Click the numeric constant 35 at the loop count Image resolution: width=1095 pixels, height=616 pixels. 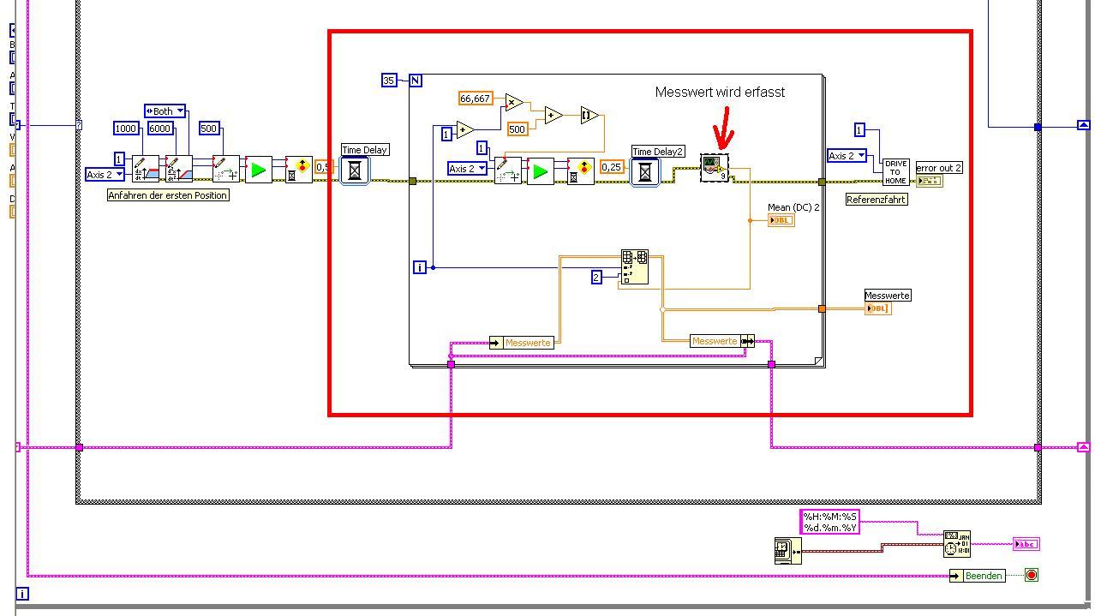[x=389, y=81]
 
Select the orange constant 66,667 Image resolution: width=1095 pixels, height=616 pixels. [x=475, y=99]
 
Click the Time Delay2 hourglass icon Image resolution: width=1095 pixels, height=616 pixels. [x=645, y=171]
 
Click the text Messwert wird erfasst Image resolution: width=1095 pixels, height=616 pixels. [x=720, y=92]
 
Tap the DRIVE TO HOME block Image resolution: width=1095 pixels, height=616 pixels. [x=895, y=171]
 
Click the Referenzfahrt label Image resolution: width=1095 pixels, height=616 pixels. [x=876, y=200]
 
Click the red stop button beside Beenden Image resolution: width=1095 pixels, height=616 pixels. [x=1032, y=575]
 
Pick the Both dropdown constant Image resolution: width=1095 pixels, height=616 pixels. [x=165, y=111]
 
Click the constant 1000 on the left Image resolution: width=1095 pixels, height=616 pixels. [x=126, y=129]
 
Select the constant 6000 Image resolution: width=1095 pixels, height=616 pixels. [x=160, y=129]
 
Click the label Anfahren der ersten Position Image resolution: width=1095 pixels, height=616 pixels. [x=167, y=195]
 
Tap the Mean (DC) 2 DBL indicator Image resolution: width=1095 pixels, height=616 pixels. [x=781, y=220]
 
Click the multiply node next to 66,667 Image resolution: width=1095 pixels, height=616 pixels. [x=513, y=103]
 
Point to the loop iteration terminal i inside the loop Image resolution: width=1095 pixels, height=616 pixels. [x=420, y=267]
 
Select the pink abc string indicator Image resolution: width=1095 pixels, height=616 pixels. [x=1026, y=544]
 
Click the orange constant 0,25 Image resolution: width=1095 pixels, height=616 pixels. [x=611, y=167]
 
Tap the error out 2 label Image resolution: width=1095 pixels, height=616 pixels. [x=939, y=168]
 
